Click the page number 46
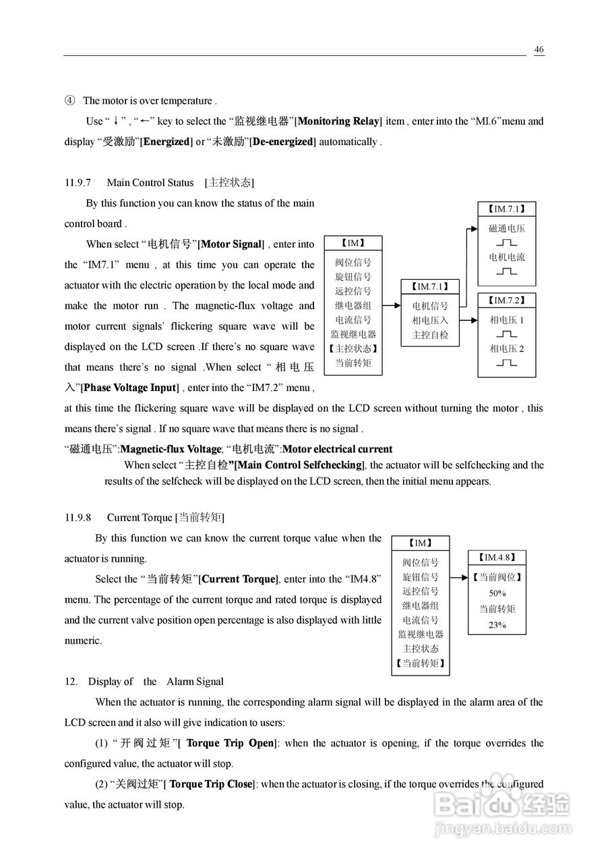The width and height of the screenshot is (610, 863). click(x=539, y=49)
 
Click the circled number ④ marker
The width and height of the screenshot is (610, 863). click(x=69, y=101)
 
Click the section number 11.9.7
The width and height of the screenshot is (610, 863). click(x=78, y=183)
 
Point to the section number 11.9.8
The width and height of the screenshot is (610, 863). click(x=78, y=518)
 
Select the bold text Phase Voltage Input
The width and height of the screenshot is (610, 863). click(x=129, y=388)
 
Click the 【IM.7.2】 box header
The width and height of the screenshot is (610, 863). click(x=506, y=300)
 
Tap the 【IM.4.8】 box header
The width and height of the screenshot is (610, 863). click(x=497, y=558)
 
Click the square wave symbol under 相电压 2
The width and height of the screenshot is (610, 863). click(x=506, y=363)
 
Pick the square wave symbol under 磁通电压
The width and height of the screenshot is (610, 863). click(x=506, y=242)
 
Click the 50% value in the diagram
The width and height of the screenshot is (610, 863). click(x=497, y=593)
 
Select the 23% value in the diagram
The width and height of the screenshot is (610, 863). click(x=497, y=625)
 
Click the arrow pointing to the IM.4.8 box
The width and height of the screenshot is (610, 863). click(x=459, y=578)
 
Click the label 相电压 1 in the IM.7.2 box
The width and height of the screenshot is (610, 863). click(x=506, y=320)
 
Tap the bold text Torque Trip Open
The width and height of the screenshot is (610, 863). click(x=230, y=743)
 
